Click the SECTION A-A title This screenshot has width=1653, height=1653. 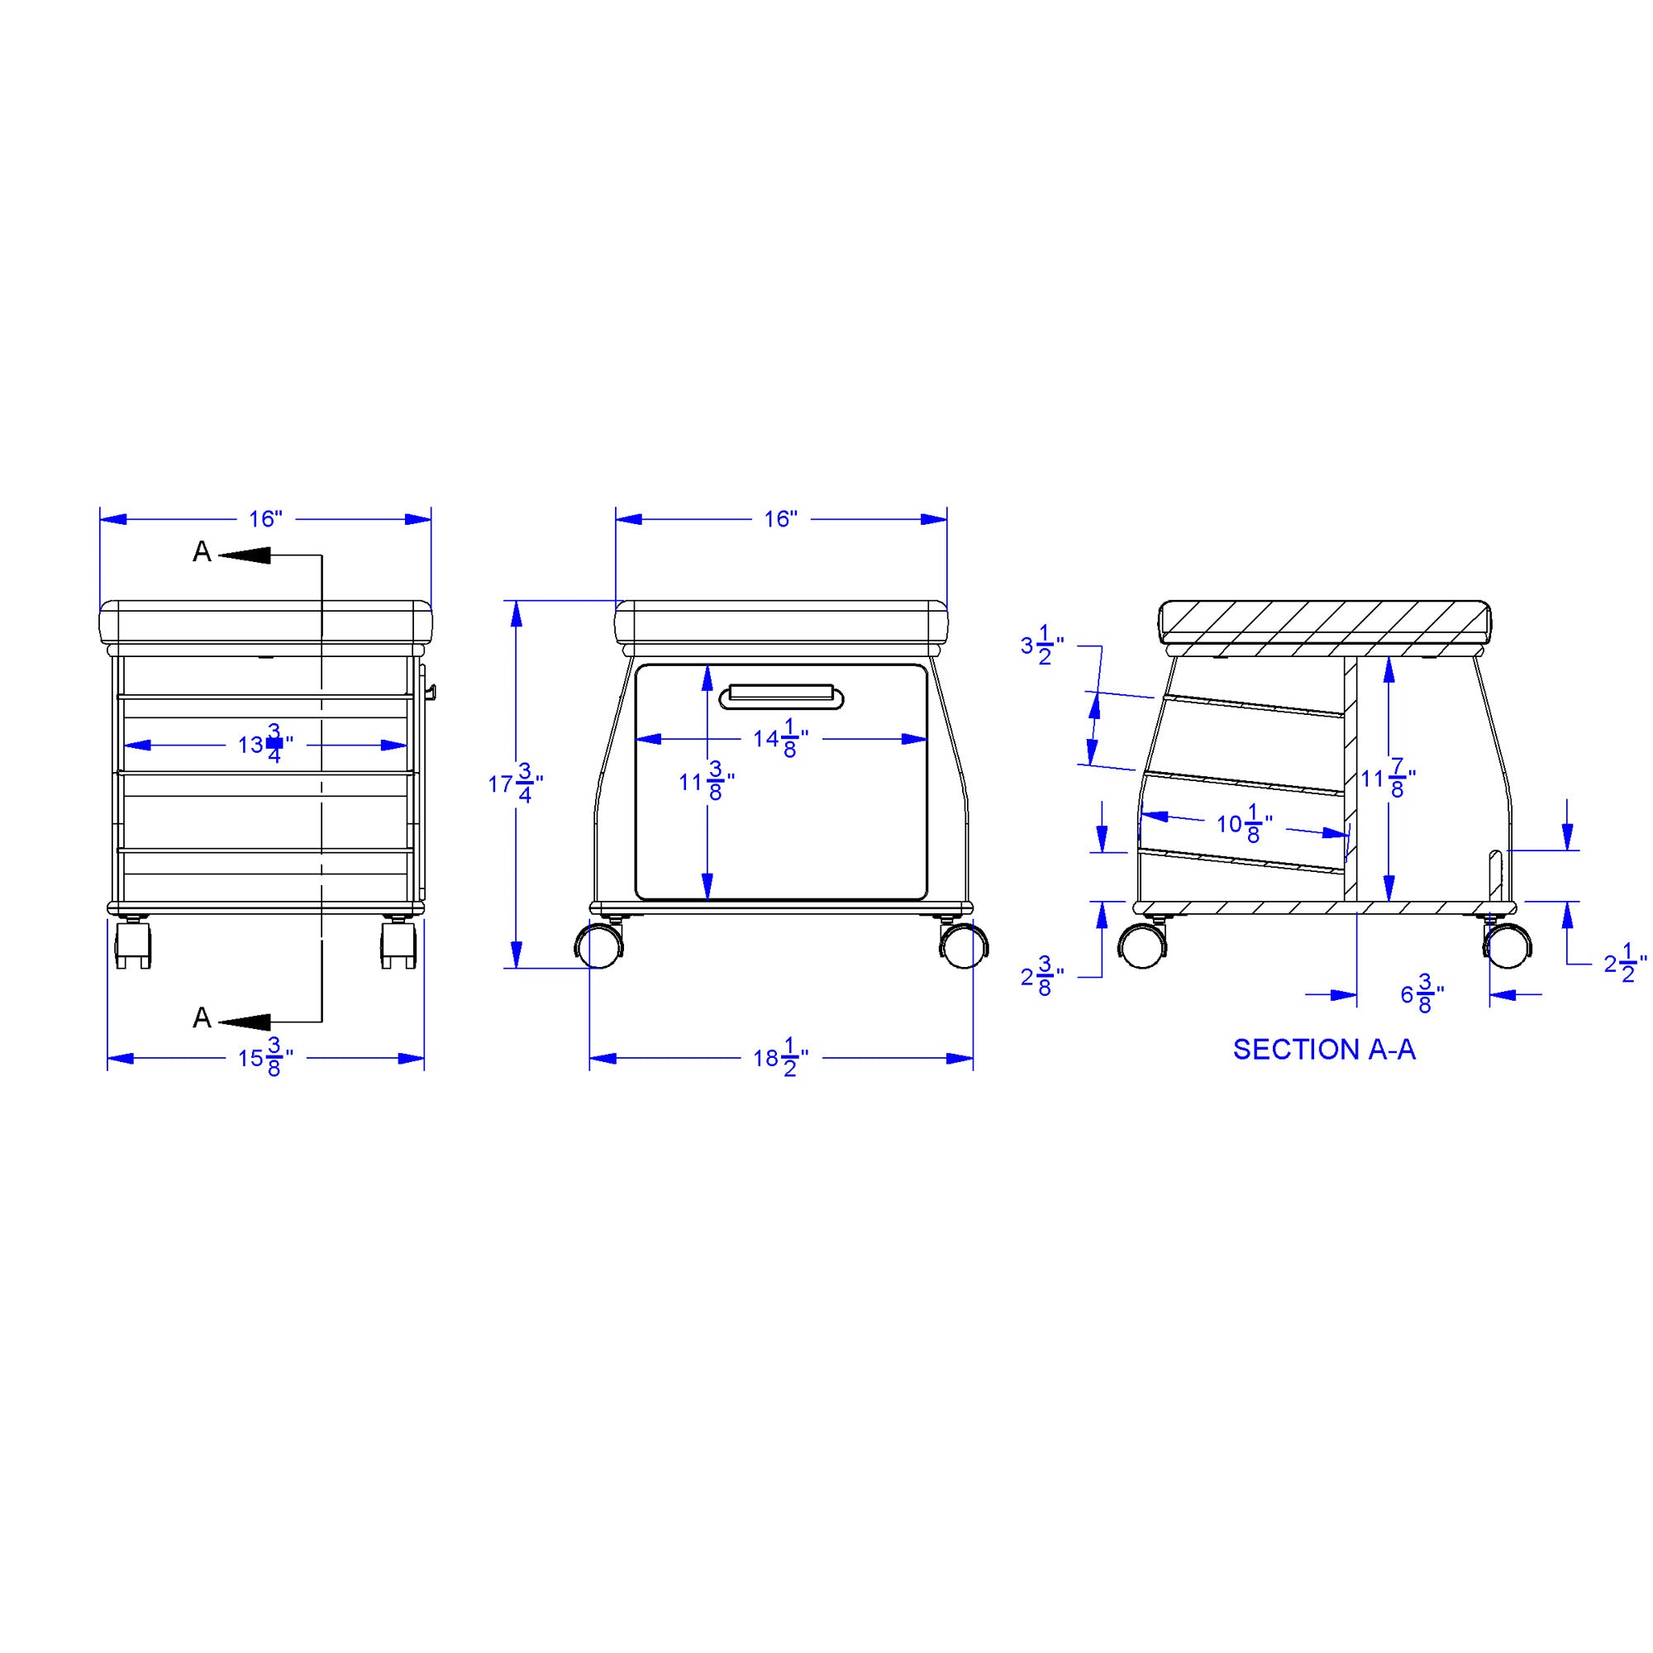[x=1323, y=1049]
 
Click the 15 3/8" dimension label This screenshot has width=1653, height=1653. [x=265, y=1059]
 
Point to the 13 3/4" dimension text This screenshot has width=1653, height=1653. [x=265, y=745]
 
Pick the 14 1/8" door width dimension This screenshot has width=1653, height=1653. [x=780, y=738]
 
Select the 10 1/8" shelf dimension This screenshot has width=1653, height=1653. [x=1244, y=824]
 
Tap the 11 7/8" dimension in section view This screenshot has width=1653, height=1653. [x=1388, y=779]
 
